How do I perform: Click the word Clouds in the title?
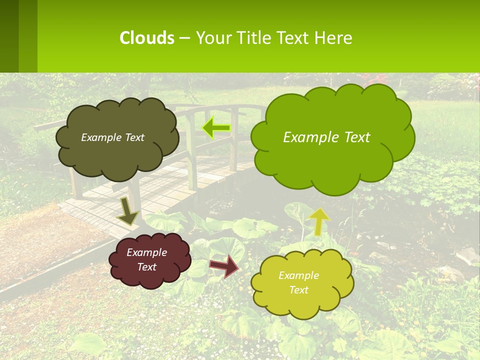click(x=146, y=38)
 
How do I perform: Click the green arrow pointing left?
click(x=216, y=128)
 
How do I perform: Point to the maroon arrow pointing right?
click(x=224, y=266)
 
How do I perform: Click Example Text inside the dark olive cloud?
click(x=112, y=137)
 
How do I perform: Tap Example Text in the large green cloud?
click(x=326, y=137)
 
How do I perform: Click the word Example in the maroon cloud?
click(x=146, y=252)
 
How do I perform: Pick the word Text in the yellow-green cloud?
click(x=298, y=290)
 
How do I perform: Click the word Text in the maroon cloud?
click(x=146, y=267)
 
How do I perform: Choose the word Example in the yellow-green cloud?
click(x=298, y=275)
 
